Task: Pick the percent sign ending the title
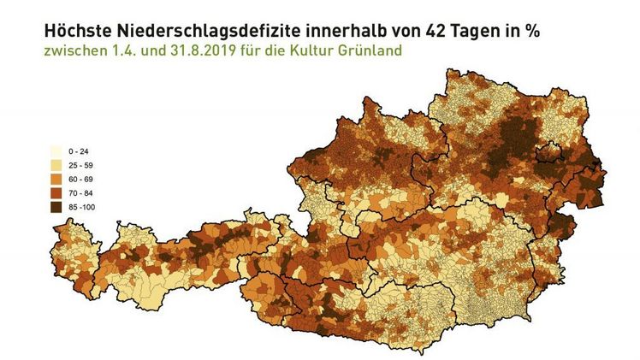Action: [533, 31]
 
